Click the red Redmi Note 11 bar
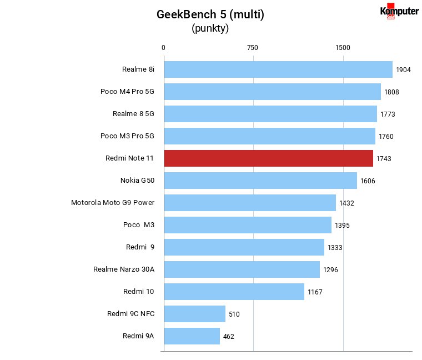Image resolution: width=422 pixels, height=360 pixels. click(x=269, y=158)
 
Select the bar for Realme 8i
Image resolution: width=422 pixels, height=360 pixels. click(x=278, y=69)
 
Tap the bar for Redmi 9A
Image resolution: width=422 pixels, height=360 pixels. click(x=192, y=336)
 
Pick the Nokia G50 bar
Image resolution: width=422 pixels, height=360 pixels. click(x=260, y=181)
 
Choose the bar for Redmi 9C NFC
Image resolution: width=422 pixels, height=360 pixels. click(x=194, y=314)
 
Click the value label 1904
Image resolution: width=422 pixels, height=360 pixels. click(x=403, y=70)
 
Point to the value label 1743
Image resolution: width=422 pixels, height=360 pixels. click(x=384, y=159)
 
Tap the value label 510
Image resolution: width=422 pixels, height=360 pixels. click(x=234, y=314)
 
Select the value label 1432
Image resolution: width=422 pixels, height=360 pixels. click(x=346, y=203)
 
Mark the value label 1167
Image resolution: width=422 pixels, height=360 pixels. click(x=315, y=292)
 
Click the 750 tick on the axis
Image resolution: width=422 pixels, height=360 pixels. click(x=253, y=48)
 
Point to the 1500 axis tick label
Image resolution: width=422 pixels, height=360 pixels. click(x=343, y=48)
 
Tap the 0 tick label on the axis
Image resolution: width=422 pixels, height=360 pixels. click(x=163, y=48)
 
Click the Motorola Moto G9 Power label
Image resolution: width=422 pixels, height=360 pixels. click(x=113, y=202)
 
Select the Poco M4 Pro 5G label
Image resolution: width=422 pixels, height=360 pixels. click(x=127, y=92)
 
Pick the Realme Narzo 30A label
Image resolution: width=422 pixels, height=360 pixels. click(x=124, y=269)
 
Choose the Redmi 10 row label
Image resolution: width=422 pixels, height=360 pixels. click(x=139, y=292)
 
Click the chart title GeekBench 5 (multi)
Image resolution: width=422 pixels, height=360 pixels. click(x=210, y=14)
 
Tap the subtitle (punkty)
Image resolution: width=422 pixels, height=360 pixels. click(x=210, y=28)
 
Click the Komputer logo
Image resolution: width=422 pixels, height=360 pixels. click(x=399, y=11)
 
